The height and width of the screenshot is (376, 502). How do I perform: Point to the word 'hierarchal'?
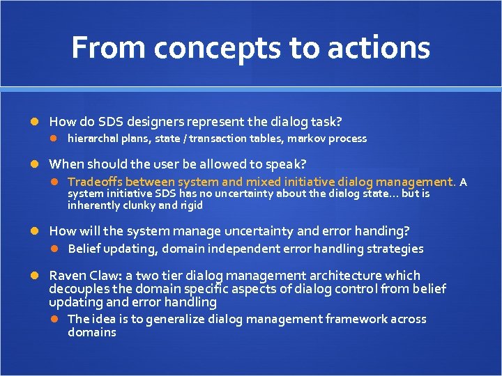[x=93, y=139]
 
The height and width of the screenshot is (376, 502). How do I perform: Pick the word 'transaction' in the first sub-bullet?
[x=217, y=139]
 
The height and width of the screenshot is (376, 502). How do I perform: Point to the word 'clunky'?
[x=140, y=205]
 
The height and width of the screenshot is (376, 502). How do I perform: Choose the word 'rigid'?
[x=190, y=205]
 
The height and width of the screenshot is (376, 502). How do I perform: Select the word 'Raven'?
[x=66, y=276]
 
